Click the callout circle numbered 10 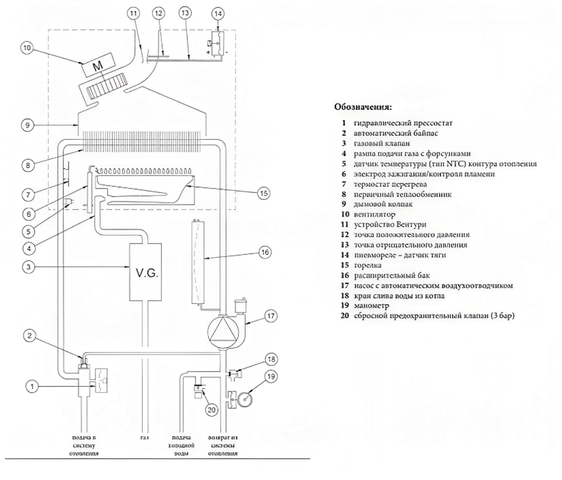click(x=26, y=49)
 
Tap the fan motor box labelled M click(x=98, y=67)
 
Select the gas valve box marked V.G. click(x=146, y=273)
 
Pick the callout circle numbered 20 click(x=211, y=410)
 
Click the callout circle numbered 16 click(x=264, y=253)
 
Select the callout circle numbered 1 click(x=33, y=386)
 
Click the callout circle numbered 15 click(x=264, y=193)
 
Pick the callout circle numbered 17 click(x=271, y=316)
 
